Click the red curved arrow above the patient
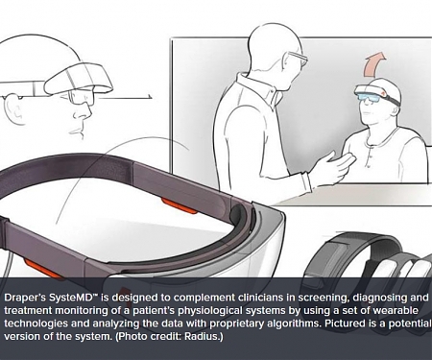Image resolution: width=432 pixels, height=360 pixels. click(373, 64)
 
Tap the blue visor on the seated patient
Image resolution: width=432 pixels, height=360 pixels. click(369, 97)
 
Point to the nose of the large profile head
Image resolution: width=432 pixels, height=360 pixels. click(86, 112)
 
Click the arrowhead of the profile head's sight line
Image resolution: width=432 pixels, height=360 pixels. click(150, 97)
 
